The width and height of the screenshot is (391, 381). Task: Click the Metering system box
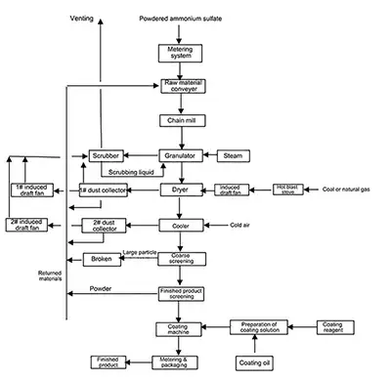(x=181, y=52)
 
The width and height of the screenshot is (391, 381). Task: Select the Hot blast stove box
(x=284, y=189)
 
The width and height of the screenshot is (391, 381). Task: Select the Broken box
(x=102, y=259)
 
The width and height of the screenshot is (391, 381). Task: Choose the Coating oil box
(x=254, y=363)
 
